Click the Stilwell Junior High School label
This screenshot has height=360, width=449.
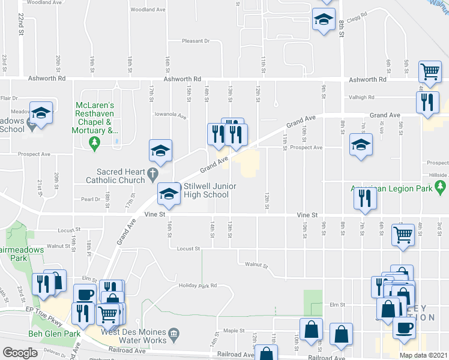coord(206,190)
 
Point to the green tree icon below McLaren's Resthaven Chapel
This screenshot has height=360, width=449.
coord(93,142)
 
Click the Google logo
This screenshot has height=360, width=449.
coord(20,352)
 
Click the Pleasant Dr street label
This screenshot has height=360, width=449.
coord(196,41)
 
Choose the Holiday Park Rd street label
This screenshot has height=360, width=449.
coord(197,286)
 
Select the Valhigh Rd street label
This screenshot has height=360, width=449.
coord(360,97)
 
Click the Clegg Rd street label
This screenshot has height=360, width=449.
coord(355,17)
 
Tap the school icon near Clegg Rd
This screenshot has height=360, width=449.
coord(324,20)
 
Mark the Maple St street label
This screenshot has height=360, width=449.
coord(234,330)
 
